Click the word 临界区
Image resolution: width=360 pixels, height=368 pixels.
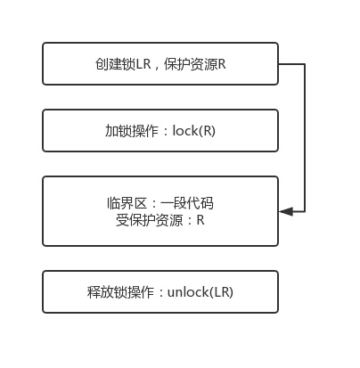click(x=125, y=203)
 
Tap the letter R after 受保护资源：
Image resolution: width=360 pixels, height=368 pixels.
click(x=200, y=219)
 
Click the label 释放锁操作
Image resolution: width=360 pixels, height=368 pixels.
click(x=117, y=292)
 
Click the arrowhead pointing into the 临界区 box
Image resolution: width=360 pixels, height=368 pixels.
click(x=284, y=211)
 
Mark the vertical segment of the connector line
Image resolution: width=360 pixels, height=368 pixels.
click(x=305, y=138)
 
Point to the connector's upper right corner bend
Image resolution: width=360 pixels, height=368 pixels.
click(x=305, y=64)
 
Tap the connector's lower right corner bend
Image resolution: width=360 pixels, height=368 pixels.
click(x=305, y=211)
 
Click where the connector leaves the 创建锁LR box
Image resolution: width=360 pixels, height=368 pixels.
click(x=279, y=64)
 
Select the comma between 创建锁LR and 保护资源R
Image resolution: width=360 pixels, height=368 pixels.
click(x=159, y=66)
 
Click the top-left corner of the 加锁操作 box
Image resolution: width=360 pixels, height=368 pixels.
click(x=44, y=110)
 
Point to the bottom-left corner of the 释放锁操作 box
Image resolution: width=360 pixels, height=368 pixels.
click(x=44, y=312)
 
